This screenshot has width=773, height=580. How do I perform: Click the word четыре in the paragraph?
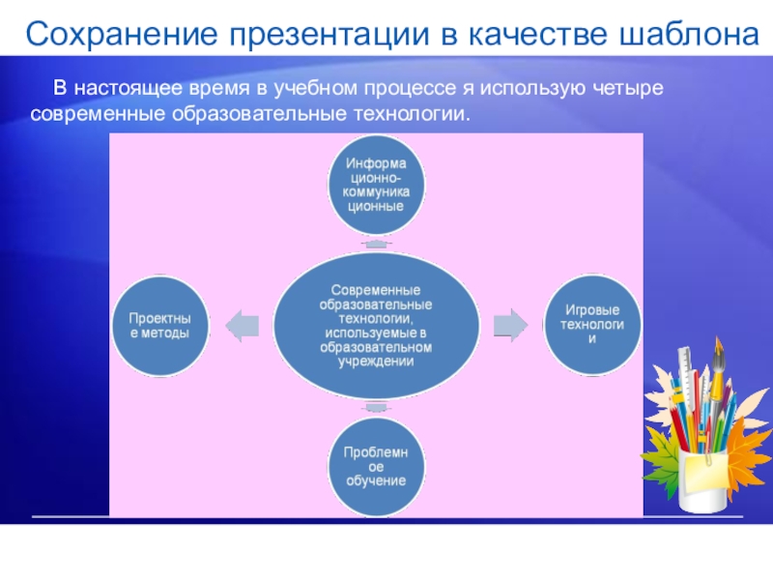631,90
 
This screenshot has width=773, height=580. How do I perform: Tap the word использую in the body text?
526,90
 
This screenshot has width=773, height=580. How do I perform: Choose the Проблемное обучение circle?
376,466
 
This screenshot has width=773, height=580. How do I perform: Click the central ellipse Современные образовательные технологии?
376,325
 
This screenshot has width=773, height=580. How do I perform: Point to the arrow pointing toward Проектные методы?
242,325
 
